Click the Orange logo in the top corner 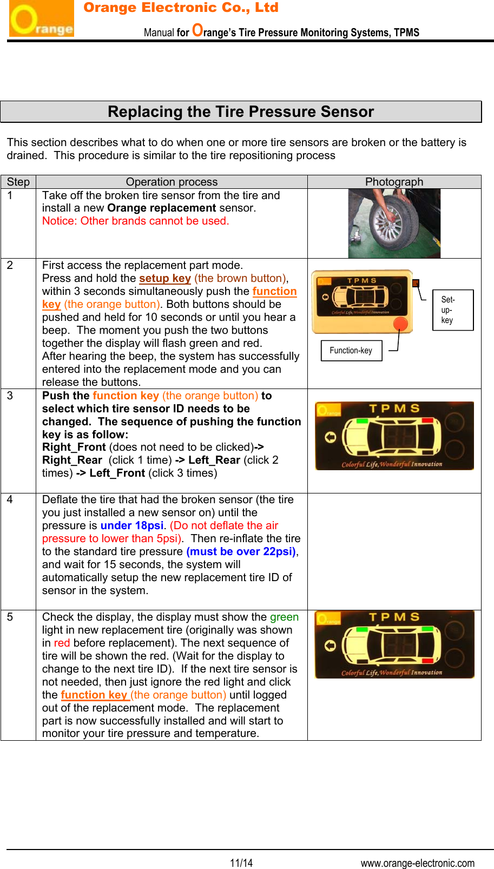pyautogui.click(x=41, y=19)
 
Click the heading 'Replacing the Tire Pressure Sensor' pyautogui.click(x=241, y=112)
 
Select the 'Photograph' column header pyautogui.click(x=394, y=182)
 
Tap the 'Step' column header pyautogui.click(x=18, y=182)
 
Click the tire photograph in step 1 pyautogui.click(x=394, y=223)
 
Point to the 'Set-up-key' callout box pyautogui.click(x=452, y=310)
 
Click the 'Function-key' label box pyautogui.click(x=351, y=351)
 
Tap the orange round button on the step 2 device pyautogui.click(x=400, y=324)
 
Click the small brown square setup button pyautogui.click(x=416, y=283)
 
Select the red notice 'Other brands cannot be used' pyautogui.click(x=135, y=221)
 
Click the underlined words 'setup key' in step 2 pyautogui.click(x=164, y=278)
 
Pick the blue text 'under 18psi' pyautogui.click(x=131, y=525)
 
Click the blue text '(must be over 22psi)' pyautogui.click(x=241, y=551)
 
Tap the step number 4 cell pyautogui.click(x=10, y=500)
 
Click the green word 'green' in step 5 pyautogui.click(x=284, y=617)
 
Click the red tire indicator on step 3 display pyautogui.click(x=427, y=420)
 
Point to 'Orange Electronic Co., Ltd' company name pyautogui.click(x=181, y=8)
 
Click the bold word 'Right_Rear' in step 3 pyautogui.click(x=72, y=460)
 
